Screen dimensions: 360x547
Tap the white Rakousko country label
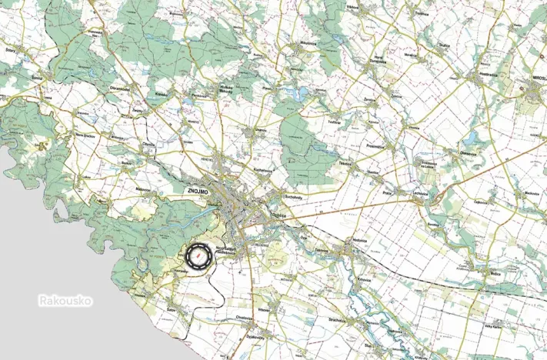[65, 301]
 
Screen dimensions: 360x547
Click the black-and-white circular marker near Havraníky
[198, 255]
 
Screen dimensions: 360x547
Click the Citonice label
[149, 143]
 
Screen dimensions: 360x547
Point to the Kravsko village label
[162, 94]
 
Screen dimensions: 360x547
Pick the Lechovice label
[420, 193]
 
